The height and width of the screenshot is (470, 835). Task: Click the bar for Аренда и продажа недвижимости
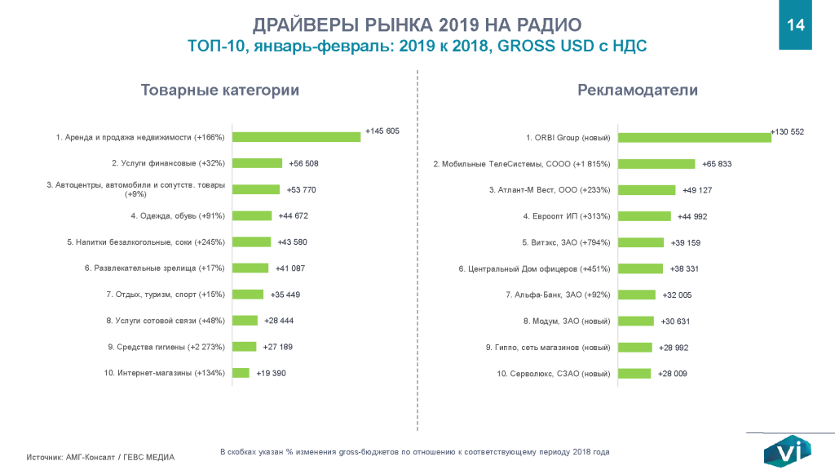tap(296, 137)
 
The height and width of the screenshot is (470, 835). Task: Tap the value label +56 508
tap(303, 163)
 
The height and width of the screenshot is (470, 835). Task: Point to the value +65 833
tap(715, 164)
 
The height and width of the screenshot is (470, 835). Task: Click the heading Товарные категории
tap(220, 90)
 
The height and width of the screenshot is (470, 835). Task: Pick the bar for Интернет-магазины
tap(241, 373)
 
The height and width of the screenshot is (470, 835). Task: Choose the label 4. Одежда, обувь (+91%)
tap(178, 215)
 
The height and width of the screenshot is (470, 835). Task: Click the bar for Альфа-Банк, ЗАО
tap(637, 295)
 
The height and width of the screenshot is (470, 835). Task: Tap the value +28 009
tap(673, 373)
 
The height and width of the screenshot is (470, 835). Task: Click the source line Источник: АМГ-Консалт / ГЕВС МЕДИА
tap(100, 457)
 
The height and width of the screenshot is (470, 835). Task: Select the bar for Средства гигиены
tap(244, 347)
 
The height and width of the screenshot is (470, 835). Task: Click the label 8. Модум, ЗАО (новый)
tap(567, 321)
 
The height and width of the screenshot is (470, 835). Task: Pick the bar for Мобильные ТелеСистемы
tap(656, 163)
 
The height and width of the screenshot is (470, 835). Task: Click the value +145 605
tap(382, 131)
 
